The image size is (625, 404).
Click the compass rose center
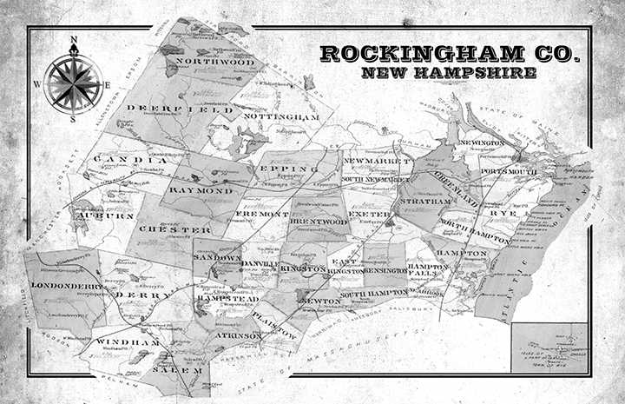coord(74,83)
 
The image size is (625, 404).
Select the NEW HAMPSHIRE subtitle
coord(448,73)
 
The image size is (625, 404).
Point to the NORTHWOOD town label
coord(214,63)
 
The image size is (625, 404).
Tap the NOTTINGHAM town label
coord(276,116)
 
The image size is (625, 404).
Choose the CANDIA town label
coord(129,160)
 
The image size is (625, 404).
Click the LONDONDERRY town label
coord(67,285)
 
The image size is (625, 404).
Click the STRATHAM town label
coord(425,201)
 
